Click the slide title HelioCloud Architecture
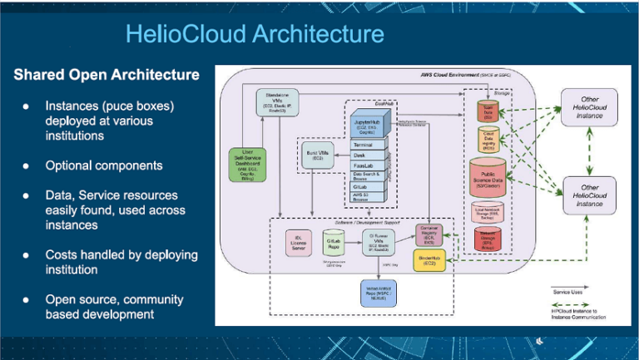click(x=255, y=34)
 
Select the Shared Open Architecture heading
click(x=106, y=75)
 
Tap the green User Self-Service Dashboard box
click(x=246, y=164)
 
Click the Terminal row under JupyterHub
click(x=367, y=145)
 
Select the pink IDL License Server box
click(x=296, y=241)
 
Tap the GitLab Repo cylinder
click(x=331, y=241)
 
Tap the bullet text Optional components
click(x=104, y=165)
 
